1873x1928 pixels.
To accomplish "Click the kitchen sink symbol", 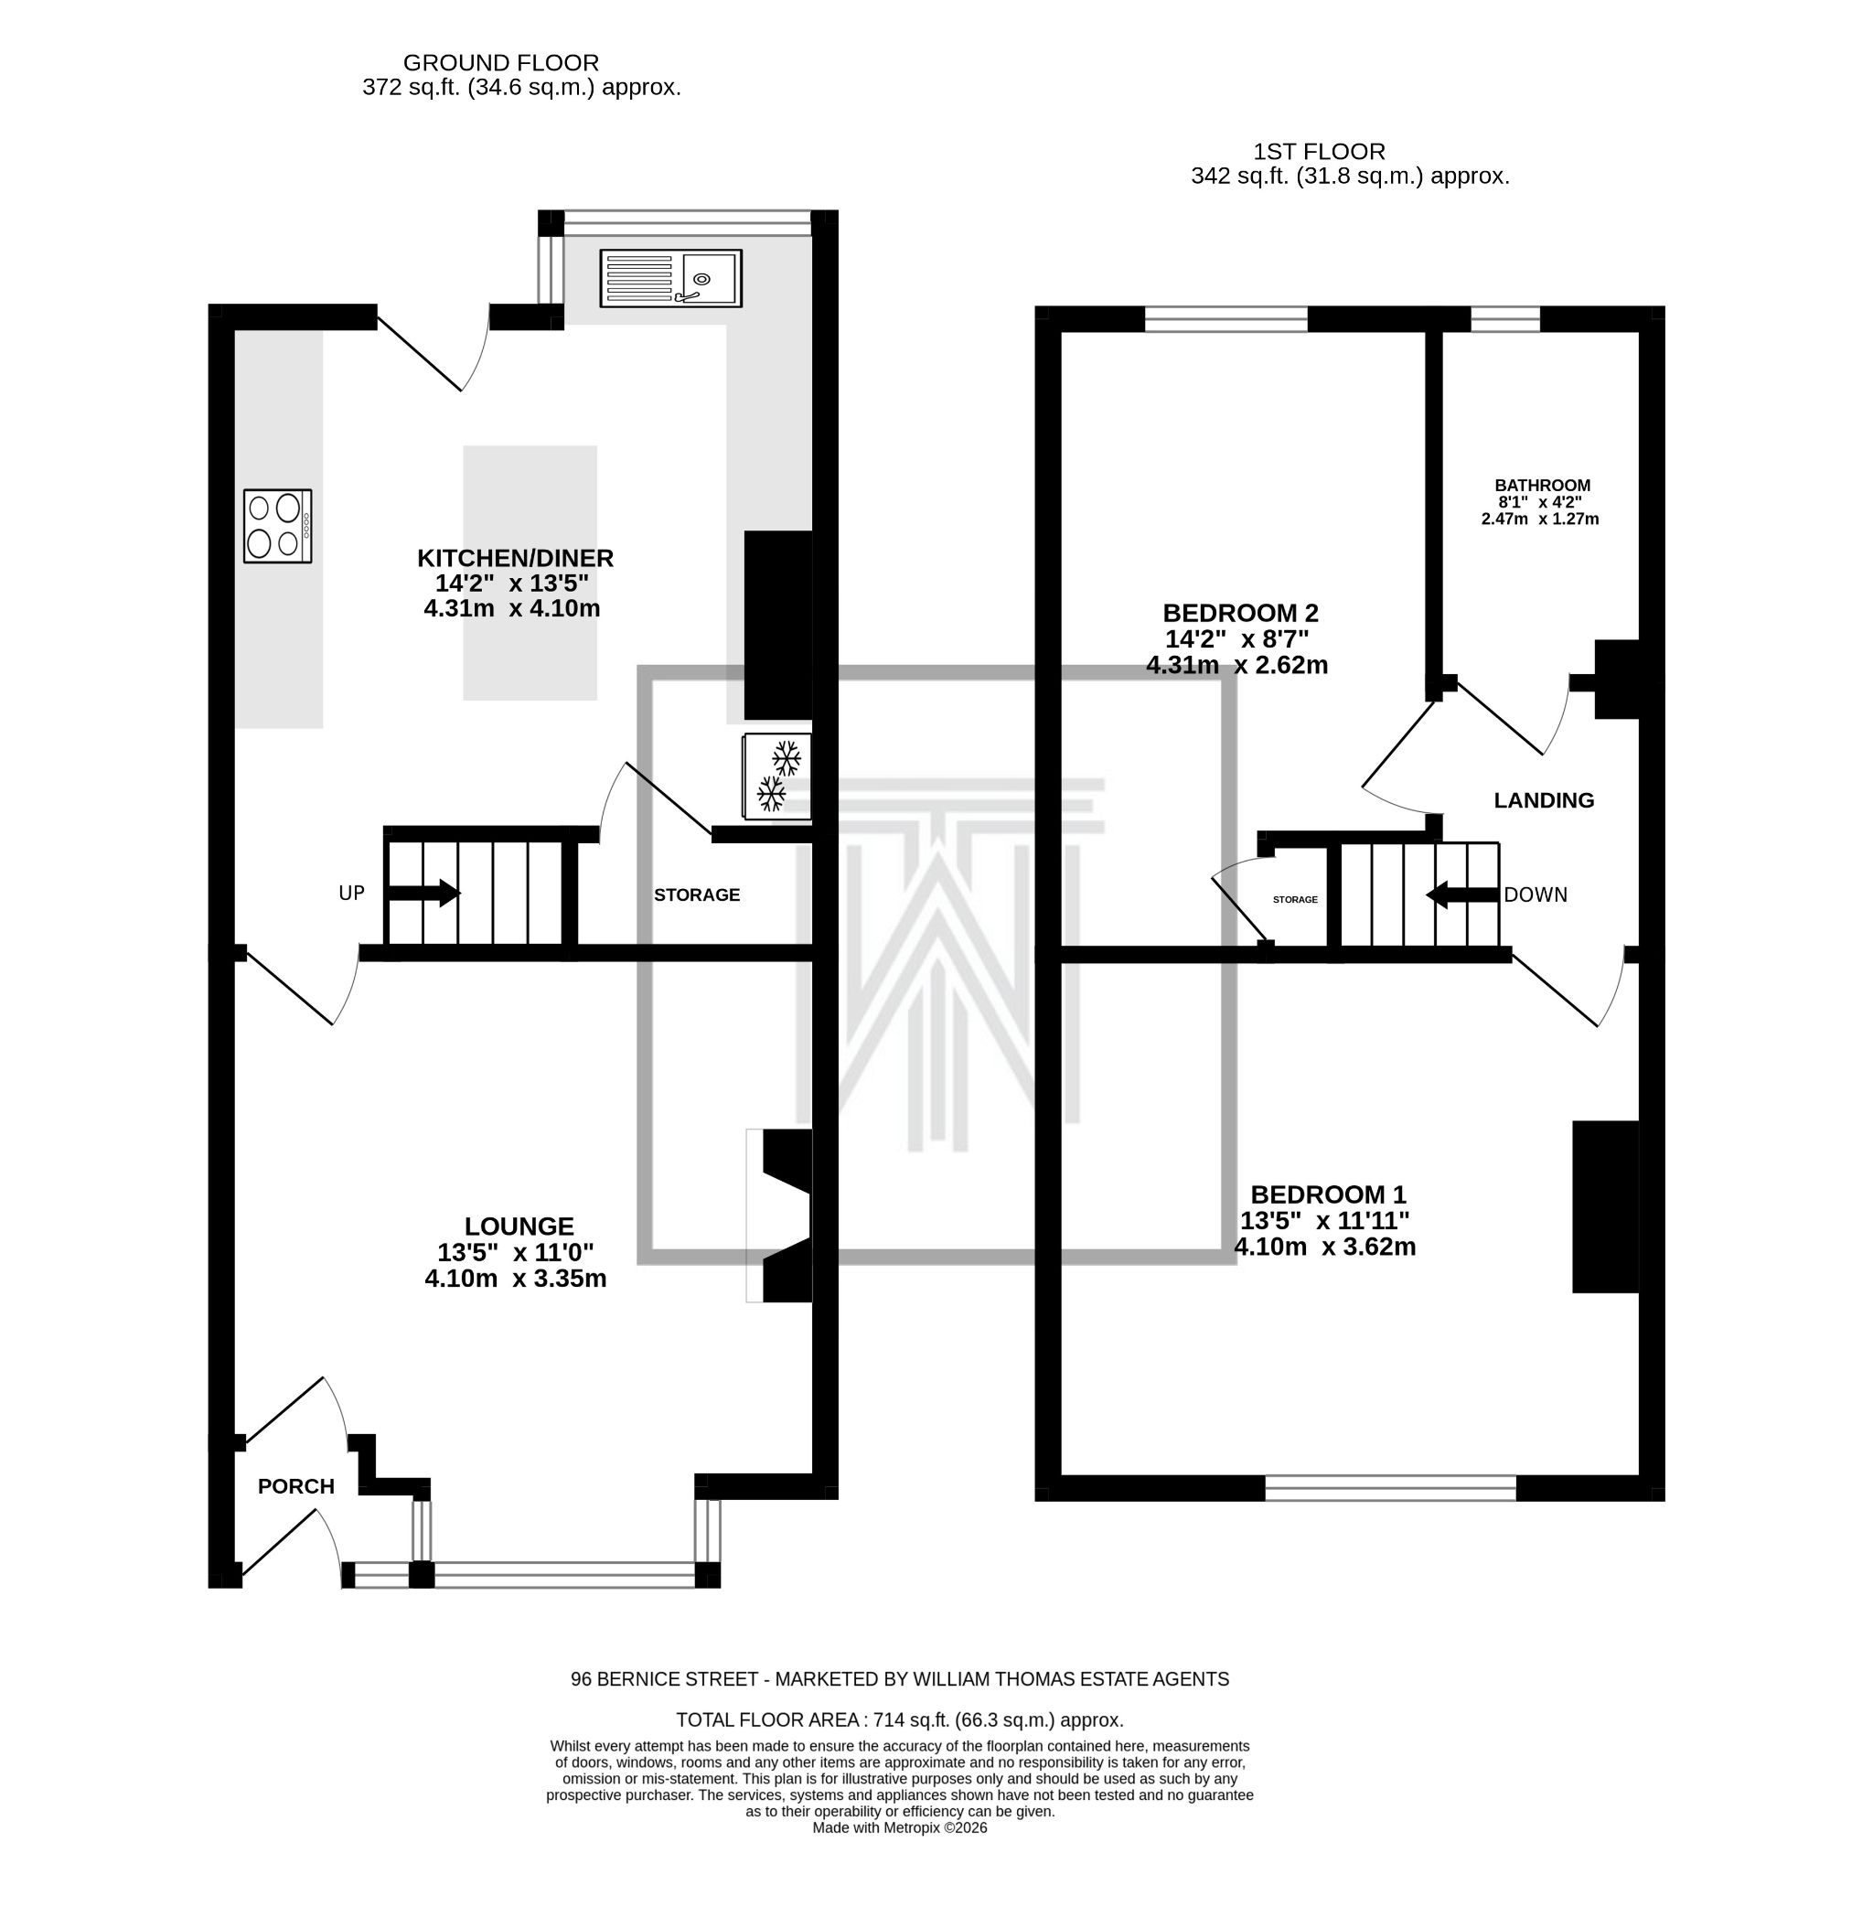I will pyautogui.click(x=671, y=278).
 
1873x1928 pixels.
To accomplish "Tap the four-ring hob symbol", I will pyautogui.click(x=277, y=526).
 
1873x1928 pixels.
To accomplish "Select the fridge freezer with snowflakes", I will pyautogui.click(x=778, y=777).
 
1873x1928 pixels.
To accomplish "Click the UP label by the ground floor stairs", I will pyautogui.click(x=351, y=894).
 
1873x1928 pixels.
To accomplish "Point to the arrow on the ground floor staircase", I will pyautogui.click(x=423, y=894).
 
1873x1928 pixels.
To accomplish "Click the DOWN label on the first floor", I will pyautogui.click(x=1536, y=895).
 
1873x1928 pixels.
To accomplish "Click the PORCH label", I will pyautogui.click(x=296, y=1486).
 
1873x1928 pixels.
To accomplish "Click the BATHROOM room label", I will pyautogui.click(x=1542, y=485).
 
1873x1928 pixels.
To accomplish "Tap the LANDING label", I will pyautogui.click(x=1544, y=800).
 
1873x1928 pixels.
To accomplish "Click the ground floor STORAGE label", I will pyautogui.click(x=697, y=895).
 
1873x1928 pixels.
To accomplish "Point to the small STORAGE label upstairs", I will pyautogui.click(x=1295, y=900).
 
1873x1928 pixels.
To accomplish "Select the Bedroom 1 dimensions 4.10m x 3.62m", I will pyautogui.click(x=1325, y=1248).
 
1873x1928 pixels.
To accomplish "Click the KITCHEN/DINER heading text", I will pyautogui.click(x=515, y=558).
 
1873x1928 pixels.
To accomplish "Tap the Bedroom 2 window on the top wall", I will pyautogui.click(x=1225, y=318).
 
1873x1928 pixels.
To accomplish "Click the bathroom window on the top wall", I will pyautogui.click(x=1505, y=318).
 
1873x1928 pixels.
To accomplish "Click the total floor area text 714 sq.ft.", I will pyautogui.click(x=899, y=1720).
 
